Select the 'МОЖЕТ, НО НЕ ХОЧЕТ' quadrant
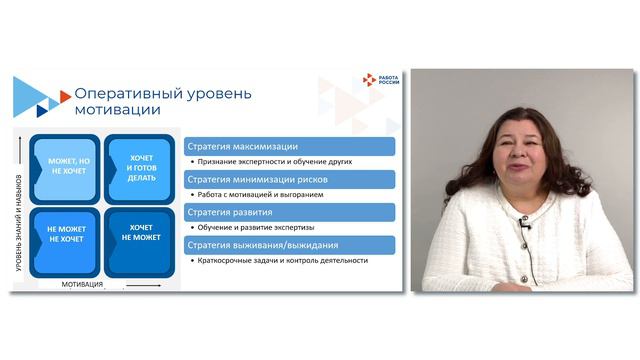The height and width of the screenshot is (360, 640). point(64,164)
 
